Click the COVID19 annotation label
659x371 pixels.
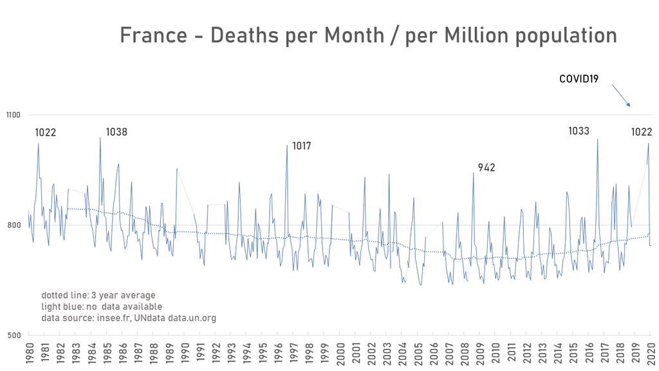point(579,79)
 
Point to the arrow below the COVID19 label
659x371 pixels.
point(620,95)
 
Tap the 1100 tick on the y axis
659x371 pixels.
point(14,115)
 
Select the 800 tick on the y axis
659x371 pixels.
point(15,225)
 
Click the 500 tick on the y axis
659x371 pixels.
point(15,335)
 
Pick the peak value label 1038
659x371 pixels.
point(116,132)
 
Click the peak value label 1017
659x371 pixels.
point(301,146)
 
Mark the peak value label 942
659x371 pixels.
point(487,168)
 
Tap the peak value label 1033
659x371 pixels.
point(579,131)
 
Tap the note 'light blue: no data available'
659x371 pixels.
point(102,307)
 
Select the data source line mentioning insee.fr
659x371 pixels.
point(129,318)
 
